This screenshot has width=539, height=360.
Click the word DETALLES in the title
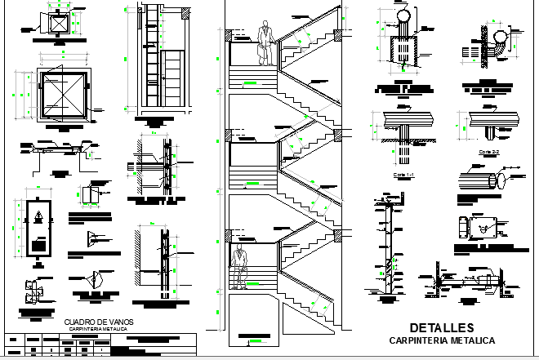click(440, 327)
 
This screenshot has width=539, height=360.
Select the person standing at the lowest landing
click(239, 264)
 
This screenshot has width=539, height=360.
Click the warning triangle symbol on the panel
click(38, 218)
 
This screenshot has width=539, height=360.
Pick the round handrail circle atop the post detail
click(402, 17)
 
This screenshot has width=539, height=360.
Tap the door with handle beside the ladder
click(173, 75)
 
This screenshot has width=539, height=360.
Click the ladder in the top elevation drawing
click(151, 57)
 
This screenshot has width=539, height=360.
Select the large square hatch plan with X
click(62, 94)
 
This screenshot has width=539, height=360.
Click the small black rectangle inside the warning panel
click(38, 244)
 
